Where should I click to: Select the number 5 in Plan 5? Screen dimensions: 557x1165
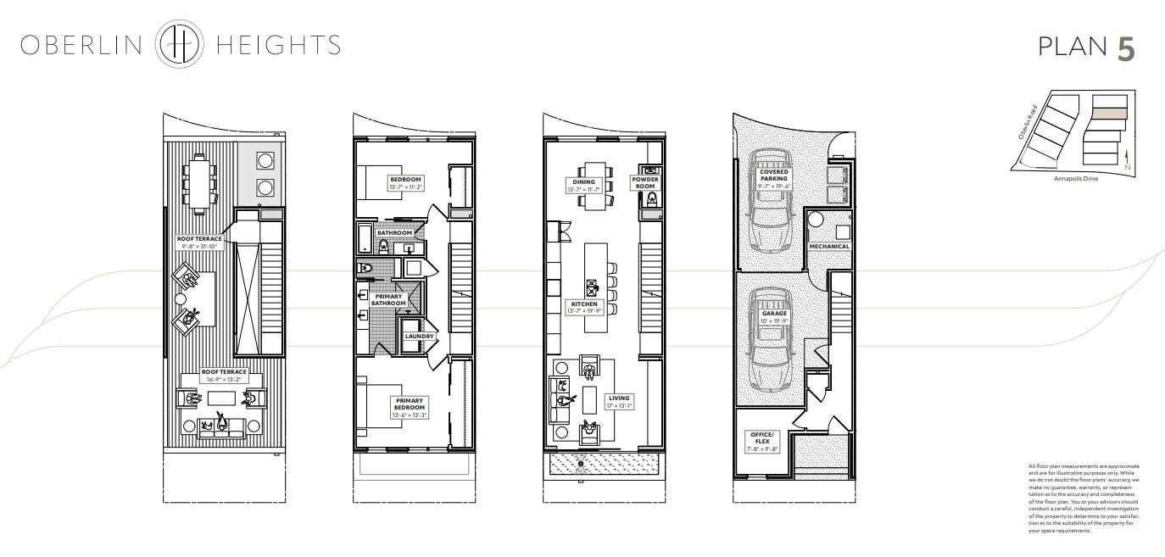1125,48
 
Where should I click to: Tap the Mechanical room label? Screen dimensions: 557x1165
828,247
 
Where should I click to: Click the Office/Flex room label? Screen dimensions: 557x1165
761,438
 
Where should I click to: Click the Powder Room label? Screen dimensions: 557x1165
644,182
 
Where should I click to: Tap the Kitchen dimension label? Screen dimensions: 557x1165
584,308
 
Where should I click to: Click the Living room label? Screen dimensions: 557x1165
619,401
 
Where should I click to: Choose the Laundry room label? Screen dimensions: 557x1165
419,336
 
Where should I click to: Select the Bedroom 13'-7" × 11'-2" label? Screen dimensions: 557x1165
405,183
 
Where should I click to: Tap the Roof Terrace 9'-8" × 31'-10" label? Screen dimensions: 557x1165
199,242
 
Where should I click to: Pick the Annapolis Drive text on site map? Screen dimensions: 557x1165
1074,179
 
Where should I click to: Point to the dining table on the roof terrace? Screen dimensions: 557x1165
199,182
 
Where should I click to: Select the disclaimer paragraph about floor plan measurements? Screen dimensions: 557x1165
1083,498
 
